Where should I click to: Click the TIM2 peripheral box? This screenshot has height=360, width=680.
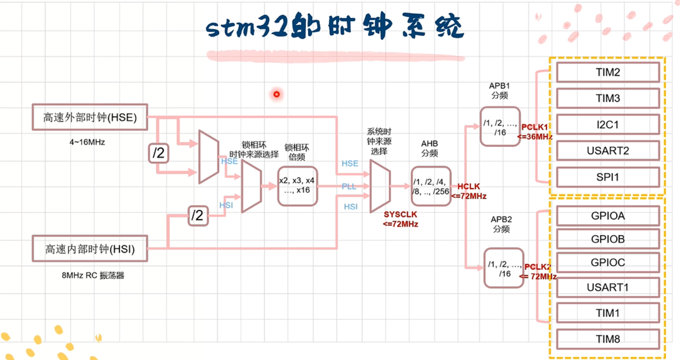coord(608,72)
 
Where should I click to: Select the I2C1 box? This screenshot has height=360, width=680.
coord(608,125)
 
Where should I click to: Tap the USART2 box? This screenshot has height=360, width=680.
coord(608,151)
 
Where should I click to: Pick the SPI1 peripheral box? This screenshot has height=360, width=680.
coord(608,177)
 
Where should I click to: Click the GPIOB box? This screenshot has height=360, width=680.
coord(608,239)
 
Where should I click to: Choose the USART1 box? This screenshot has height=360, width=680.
coord(608,288)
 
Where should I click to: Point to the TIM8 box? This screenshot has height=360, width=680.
coord(608,339)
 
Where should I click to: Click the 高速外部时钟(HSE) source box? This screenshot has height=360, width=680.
coord(89,117)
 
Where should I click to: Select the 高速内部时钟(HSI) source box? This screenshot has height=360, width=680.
coord(89,249)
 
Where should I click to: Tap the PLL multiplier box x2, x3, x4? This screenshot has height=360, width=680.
coord(297,185)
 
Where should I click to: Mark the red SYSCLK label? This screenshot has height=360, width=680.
coord(401,214)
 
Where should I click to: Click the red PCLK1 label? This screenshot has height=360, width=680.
coord(534,127)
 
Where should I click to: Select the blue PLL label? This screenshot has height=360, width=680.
coord(349,186)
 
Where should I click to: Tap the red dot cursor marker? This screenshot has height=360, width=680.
coord(276,94)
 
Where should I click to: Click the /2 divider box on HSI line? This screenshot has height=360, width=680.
coord(198,216)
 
